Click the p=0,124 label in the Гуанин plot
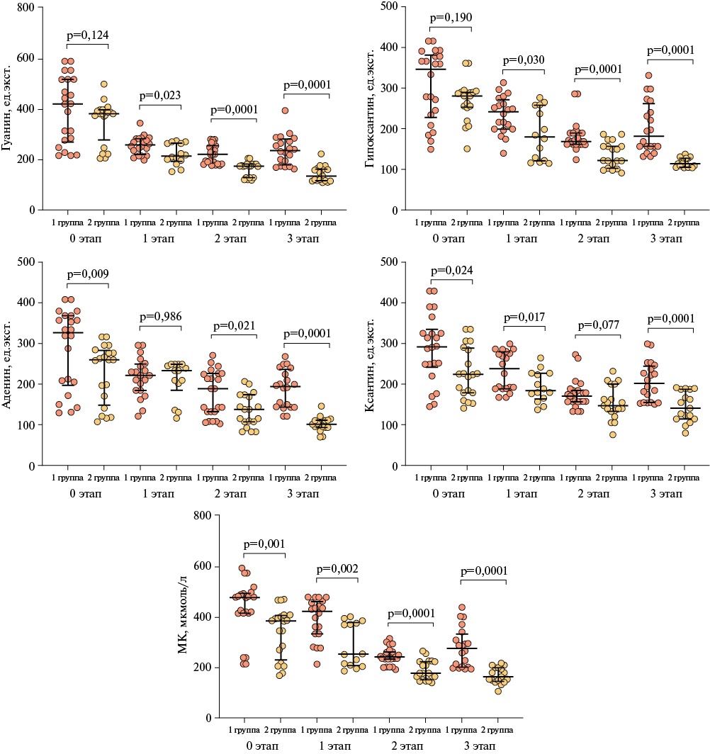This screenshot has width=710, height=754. tap(87, 35)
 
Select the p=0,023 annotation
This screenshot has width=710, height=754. tap(159, 96)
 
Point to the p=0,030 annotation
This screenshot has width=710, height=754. tap(523, 60)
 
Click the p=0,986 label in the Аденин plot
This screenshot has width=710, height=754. tap(159, 317)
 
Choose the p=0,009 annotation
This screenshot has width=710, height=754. tap(87, 274)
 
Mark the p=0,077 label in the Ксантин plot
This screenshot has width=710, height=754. tap(599, 327)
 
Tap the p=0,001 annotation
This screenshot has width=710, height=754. tap(264, 544)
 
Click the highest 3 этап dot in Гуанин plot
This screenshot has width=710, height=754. tap(285, 111)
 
